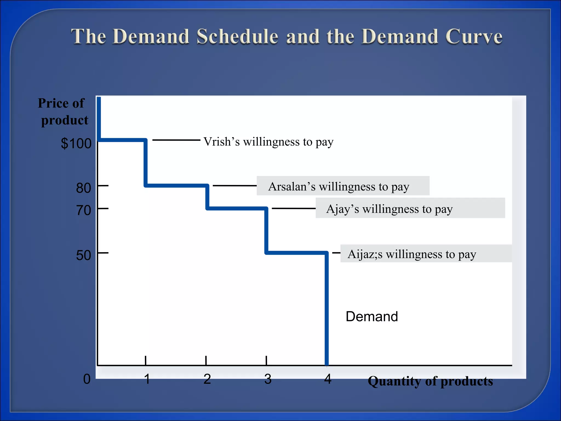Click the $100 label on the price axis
point(76,143)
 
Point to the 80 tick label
point(84,188)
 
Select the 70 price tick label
point(84,210)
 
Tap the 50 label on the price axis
point(84,255)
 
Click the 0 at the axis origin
point(87,379)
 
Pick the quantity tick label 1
point(147,379)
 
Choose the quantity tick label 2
point(207,379)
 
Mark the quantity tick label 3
point(268,379)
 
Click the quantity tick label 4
point(328,379)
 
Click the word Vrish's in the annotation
point(221,142)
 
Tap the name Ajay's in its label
point(342,209)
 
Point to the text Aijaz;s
point(365,254)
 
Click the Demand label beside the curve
point(372,317)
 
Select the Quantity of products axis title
point(430,381)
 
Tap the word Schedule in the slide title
point(237,36)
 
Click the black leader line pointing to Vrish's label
point(176,140)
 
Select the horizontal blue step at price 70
point(237,209)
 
